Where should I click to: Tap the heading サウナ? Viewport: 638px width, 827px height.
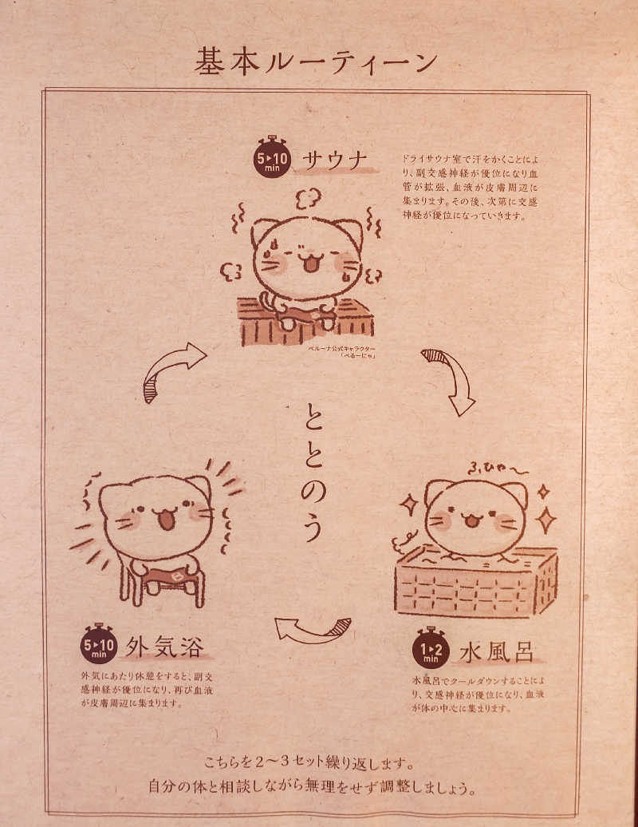335,161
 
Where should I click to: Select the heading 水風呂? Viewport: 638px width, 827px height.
496,652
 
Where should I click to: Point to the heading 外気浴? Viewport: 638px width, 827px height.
162,644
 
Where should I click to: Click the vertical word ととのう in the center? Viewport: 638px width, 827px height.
313,471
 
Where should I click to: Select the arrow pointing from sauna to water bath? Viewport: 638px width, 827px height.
450,380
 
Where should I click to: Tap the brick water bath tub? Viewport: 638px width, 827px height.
476,582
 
